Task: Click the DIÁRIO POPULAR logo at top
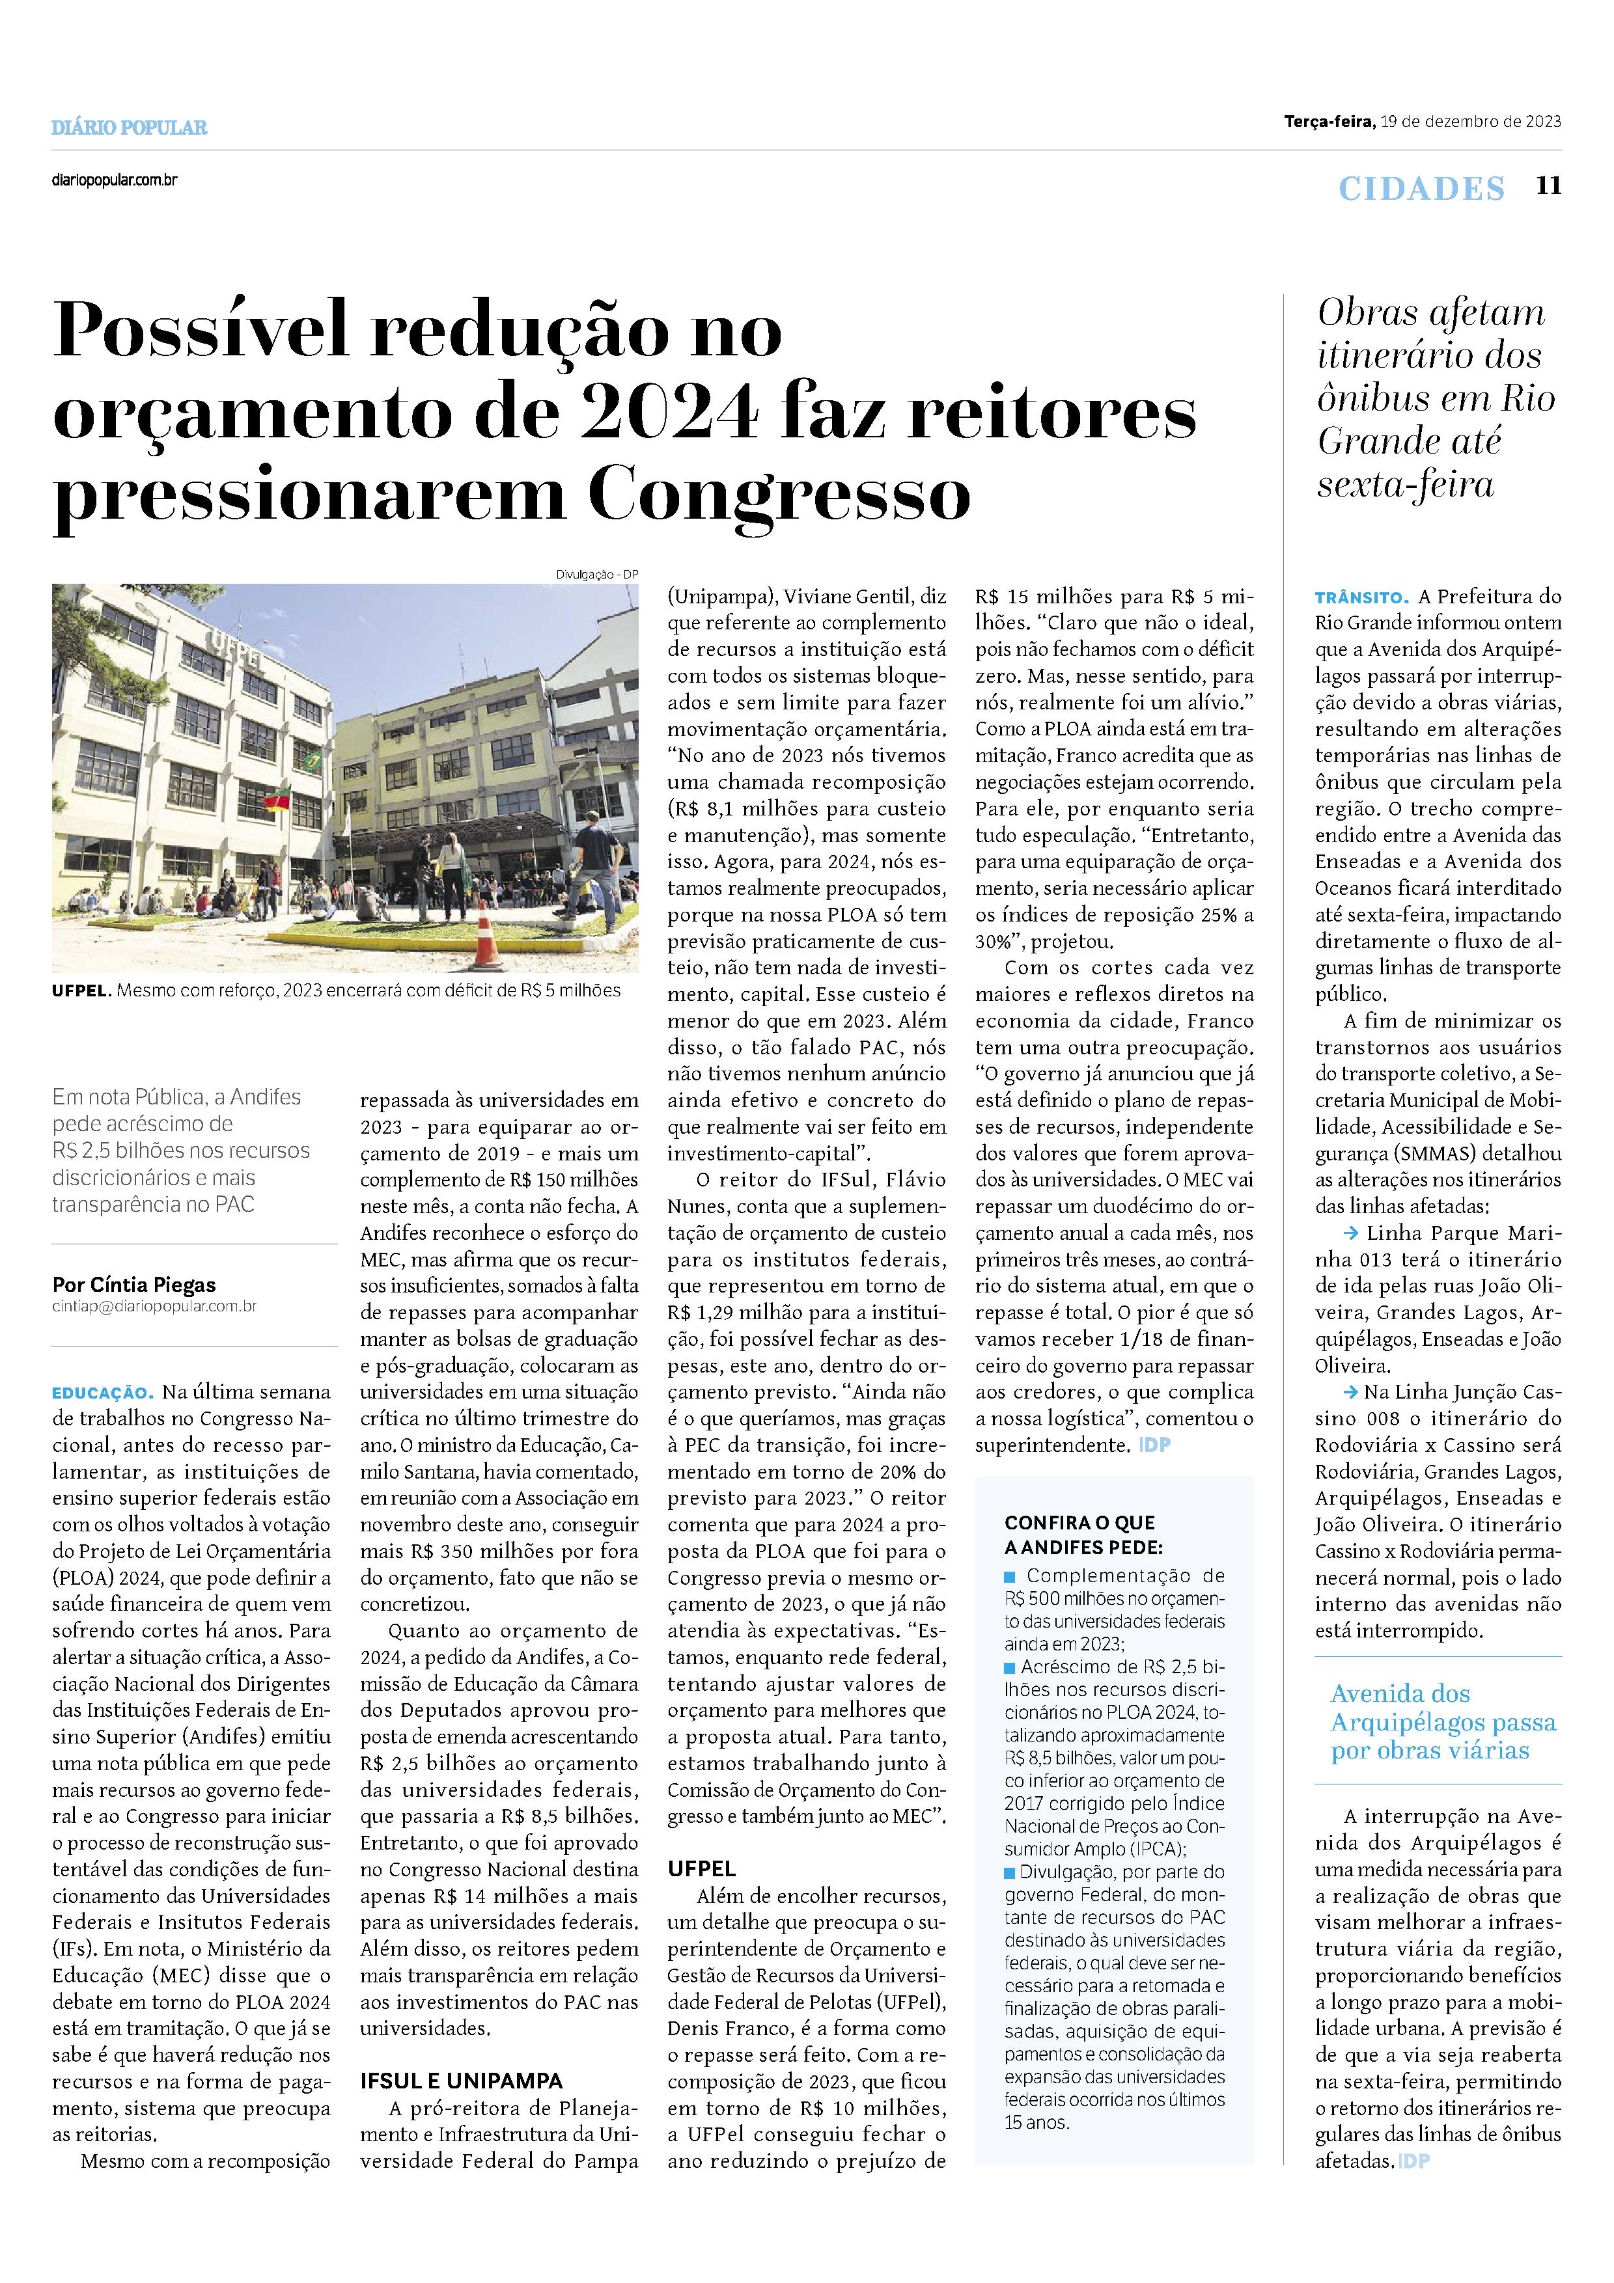[x=130, y=128]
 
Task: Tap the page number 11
[x=1548, y=186]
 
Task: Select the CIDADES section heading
[x=1421, y=188]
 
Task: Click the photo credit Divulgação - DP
[x=596, y=574]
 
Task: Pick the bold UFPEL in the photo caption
[x=81, y=991]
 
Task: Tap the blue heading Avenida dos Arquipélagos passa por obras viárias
[x=1443, y=1721]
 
